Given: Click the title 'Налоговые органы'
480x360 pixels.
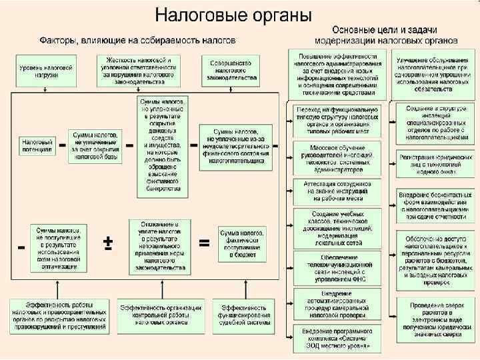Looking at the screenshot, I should tap(233, 14).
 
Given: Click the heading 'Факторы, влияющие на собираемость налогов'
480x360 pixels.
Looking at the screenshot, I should tap(137, 40).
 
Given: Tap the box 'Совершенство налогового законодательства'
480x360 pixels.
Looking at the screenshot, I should tap(232, 69).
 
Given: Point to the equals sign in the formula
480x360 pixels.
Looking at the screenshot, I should tap(205, 243).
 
